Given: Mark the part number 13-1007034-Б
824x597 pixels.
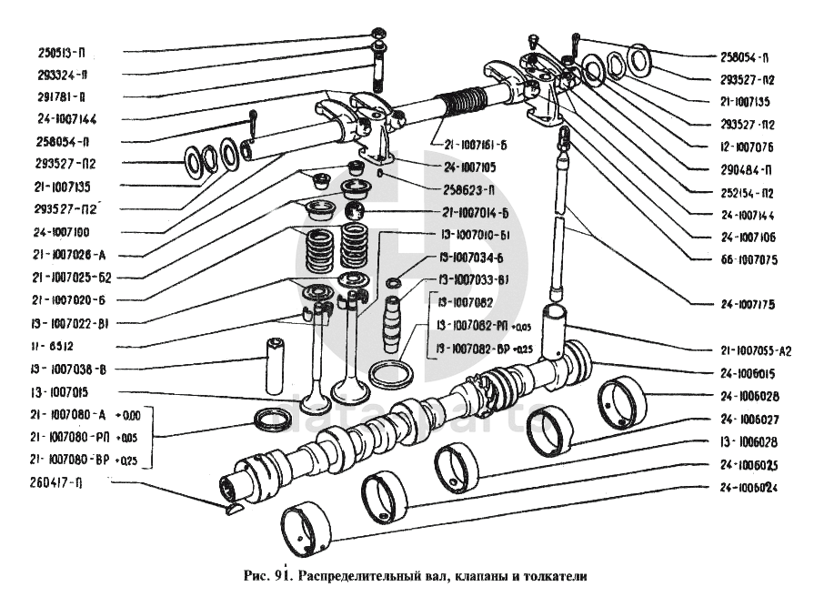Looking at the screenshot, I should tap(473, 257).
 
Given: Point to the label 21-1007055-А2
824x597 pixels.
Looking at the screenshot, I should tap(754, 350).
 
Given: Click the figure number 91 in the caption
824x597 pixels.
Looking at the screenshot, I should tap(278, 575).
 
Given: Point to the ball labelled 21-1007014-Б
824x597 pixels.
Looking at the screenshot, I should tap(354, 212).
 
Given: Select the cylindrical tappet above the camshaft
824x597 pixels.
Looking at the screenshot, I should tap(556, 333).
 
